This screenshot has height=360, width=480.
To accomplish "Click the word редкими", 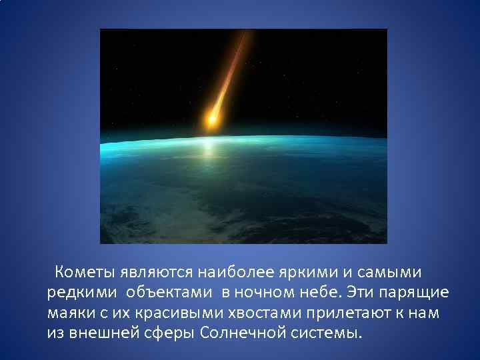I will coord(74,293).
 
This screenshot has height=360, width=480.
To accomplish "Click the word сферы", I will coord(167,333).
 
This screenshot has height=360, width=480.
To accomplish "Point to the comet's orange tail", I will coord(230,73).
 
